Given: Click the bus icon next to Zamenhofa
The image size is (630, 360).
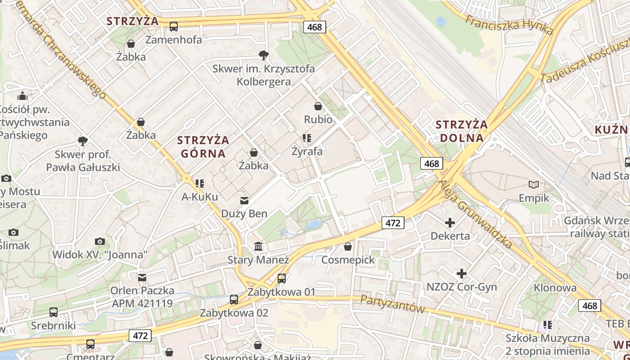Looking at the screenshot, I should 174,27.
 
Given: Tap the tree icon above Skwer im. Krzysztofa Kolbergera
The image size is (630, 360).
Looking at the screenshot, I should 264,55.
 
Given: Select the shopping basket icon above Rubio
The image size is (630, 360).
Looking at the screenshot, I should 318,107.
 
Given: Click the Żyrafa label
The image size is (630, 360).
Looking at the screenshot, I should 307,151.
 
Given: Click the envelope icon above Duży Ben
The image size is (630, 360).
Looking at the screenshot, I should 244,200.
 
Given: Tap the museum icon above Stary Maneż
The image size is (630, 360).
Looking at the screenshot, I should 259,247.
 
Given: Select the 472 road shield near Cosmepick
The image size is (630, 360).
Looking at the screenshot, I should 393,223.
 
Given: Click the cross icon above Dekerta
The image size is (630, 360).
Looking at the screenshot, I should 450,223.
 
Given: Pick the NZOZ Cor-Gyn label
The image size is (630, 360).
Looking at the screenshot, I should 462,287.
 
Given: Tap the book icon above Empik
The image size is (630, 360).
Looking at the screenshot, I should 534,185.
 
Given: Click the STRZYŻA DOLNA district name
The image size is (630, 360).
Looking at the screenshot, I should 462,131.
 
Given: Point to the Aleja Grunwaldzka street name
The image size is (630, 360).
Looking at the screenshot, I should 476,214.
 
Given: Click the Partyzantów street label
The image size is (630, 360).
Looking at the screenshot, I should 392,305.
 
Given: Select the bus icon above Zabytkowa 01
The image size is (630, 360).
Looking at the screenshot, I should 282,279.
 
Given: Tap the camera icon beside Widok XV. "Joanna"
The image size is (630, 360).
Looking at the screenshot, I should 100,242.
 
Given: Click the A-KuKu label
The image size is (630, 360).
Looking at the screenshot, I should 200,197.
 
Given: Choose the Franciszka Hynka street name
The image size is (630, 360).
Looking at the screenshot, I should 509,25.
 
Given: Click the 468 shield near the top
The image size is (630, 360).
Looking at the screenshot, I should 314,27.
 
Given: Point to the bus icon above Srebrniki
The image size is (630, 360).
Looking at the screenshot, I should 54,312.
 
